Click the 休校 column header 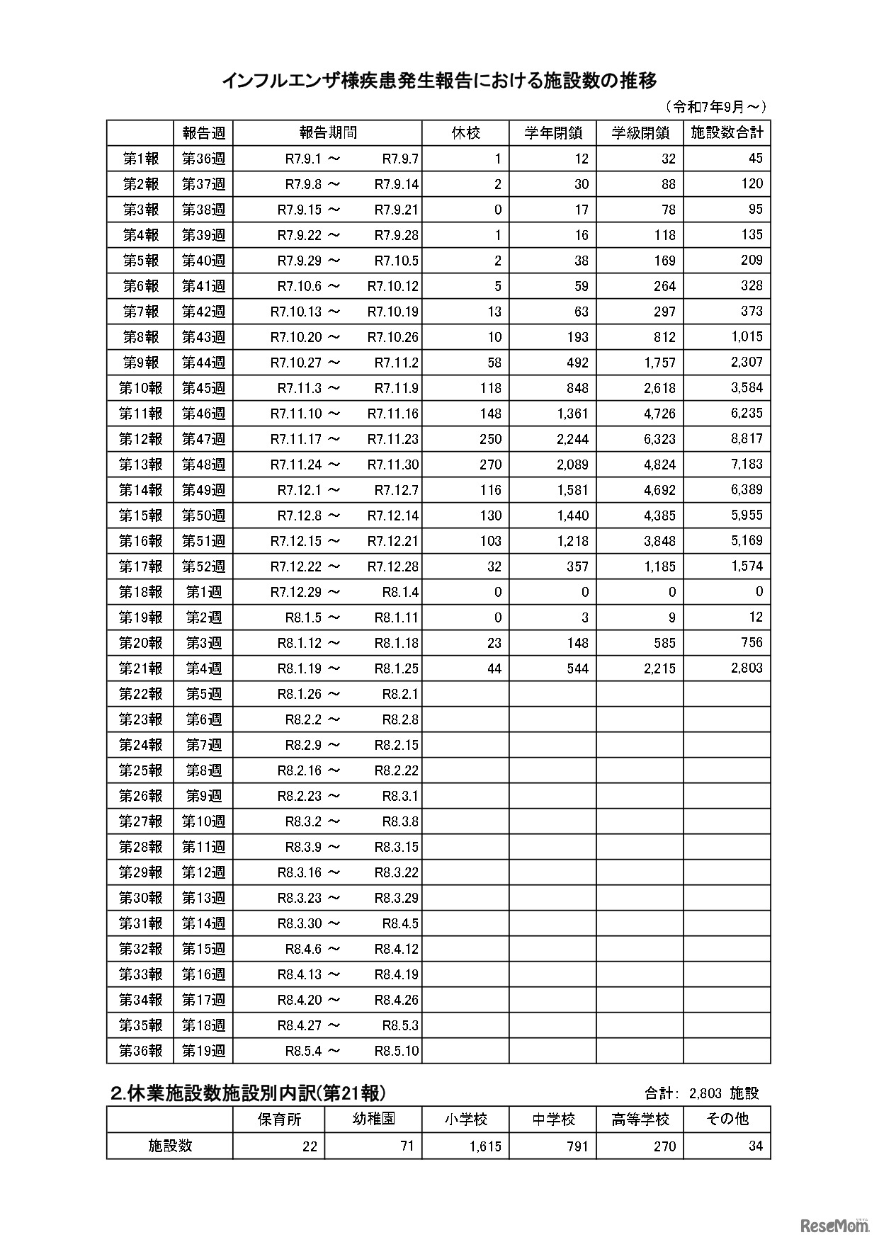click(x=465, y=133)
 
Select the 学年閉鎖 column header click(x=552, y=133)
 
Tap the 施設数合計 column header click(x=727, y=133)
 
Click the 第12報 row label click(x=140, y=439)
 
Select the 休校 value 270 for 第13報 click(x=490, y=465)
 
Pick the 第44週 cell click(x=203, y=363)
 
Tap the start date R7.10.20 click(x=295, y=337)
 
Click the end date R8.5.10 click(x=397, y=1051)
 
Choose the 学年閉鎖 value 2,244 click(x=572, y=439)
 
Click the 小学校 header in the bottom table click(x=465, y=1119)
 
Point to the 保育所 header click(x=278, y=1119)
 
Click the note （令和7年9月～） click(x=715, y=107)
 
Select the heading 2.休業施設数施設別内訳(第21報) click(x=248, y=1093)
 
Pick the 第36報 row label click(x=140, y=1051)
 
